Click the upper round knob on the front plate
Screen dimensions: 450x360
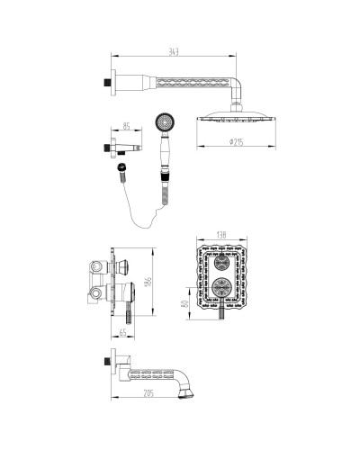click(220, 265)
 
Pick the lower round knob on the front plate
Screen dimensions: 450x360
click(220, 290)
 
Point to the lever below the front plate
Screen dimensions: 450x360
click(220, 315)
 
